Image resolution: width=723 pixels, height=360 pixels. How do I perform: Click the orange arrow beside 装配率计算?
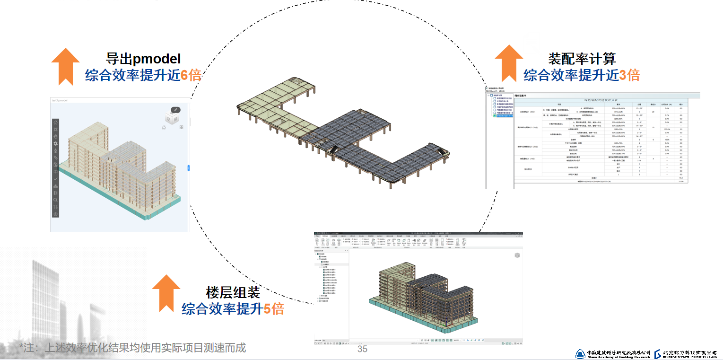(x=509, y=64)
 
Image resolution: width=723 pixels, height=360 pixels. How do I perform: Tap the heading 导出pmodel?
(x=143, y=59)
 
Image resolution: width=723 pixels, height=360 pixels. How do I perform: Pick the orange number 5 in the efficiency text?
(x=267, y=309)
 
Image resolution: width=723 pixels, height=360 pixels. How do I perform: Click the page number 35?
(x=362, y=350)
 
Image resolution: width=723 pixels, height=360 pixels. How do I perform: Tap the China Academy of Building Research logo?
(x=613, y=354)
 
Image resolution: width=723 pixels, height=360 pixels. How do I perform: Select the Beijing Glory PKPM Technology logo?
(x=688, y=354)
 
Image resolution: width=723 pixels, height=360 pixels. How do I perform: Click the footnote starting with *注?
(x=132, y=348)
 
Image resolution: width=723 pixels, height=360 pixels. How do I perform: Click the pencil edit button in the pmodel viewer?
(x=175, y=109)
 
